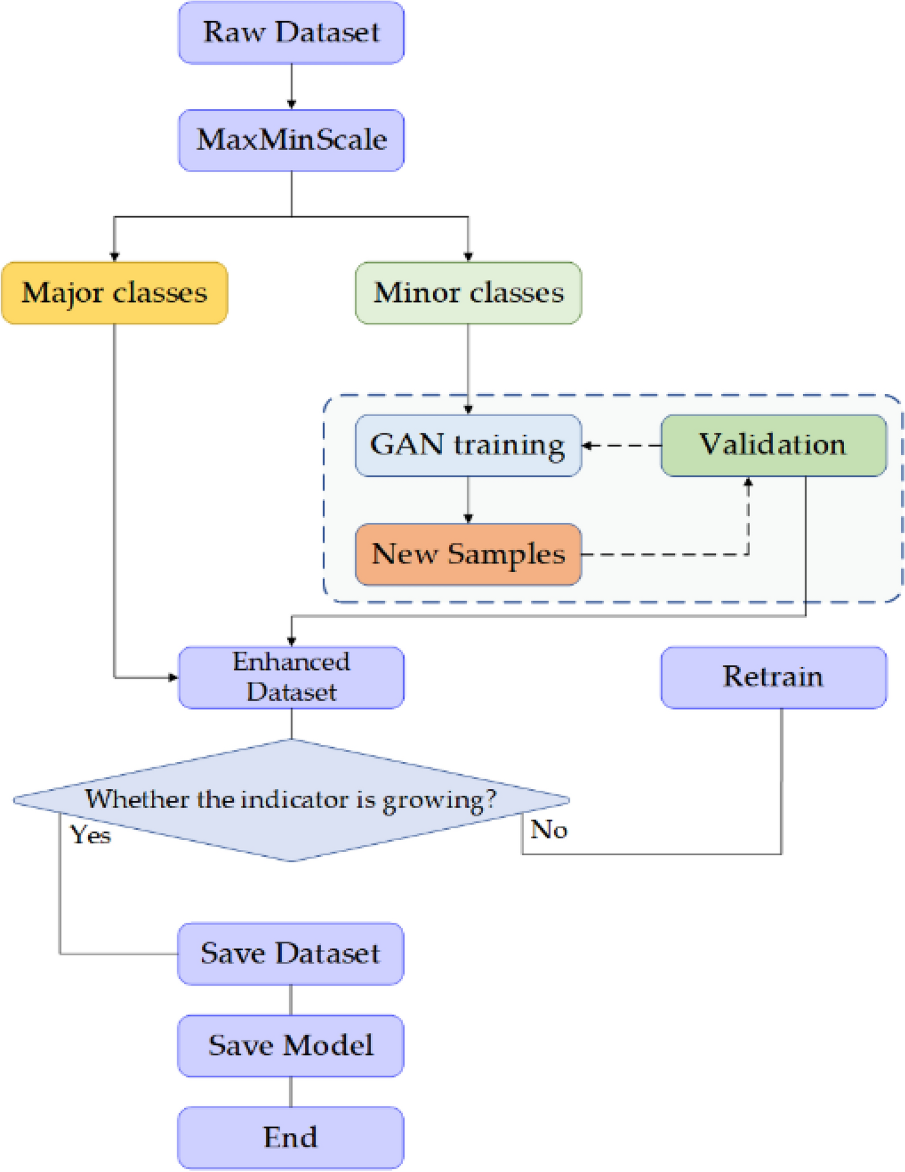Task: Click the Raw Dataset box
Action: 291,33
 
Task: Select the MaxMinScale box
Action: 291,140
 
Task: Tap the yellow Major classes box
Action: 114,293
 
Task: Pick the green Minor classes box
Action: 468,293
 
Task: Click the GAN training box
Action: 468,446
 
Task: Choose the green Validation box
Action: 773,446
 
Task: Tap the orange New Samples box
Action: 468,554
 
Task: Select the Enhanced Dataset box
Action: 291,678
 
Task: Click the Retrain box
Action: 773,678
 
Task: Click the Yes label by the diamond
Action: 90,835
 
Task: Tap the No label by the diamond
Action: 548,830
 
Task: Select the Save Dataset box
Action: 290,954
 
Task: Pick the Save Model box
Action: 290,1046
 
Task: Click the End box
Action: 290,1138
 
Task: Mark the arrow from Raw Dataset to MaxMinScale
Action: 292,86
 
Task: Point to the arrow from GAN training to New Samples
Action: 468,499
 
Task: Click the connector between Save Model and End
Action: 291,1091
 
